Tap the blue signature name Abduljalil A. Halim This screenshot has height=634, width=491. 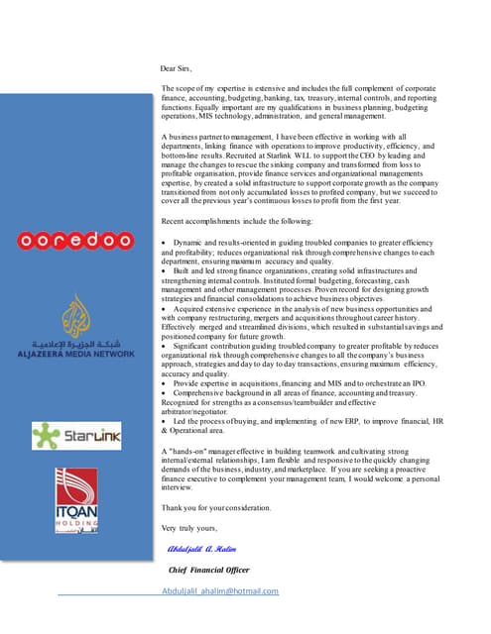pyautogui.click(x=204, y=548)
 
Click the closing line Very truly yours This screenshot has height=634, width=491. pyautogui.click(x=187, y=526)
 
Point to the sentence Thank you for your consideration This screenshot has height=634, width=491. pyautogui.click(x=215, y=507)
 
